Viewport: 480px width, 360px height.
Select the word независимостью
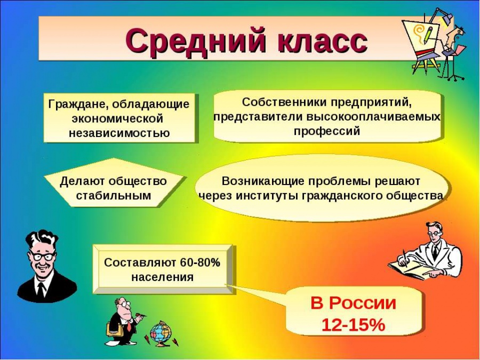[119, 133]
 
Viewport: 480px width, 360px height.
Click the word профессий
[326, 131]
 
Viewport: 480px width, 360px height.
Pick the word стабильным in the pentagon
[114, 195]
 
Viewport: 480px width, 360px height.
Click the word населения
[162, 277]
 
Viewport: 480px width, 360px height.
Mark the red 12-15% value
[353, 325]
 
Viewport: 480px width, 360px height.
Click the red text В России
[353, 303]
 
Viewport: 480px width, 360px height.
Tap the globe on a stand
[160, 334]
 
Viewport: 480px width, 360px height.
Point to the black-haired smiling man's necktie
[41, 290]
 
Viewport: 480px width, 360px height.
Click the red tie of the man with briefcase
[129, 325]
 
